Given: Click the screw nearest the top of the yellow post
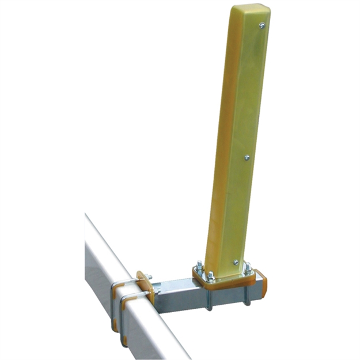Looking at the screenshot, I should pos(262,25).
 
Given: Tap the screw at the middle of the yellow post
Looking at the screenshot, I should pos(247,156).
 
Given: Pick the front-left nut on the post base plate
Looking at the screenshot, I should pos(211,275).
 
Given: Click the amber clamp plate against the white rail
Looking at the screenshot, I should pos(145,286).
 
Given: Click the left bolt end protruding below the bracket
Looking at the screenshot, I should pos(209,304).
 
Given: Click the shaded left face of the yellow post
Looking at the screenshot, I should pos(222,144).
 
